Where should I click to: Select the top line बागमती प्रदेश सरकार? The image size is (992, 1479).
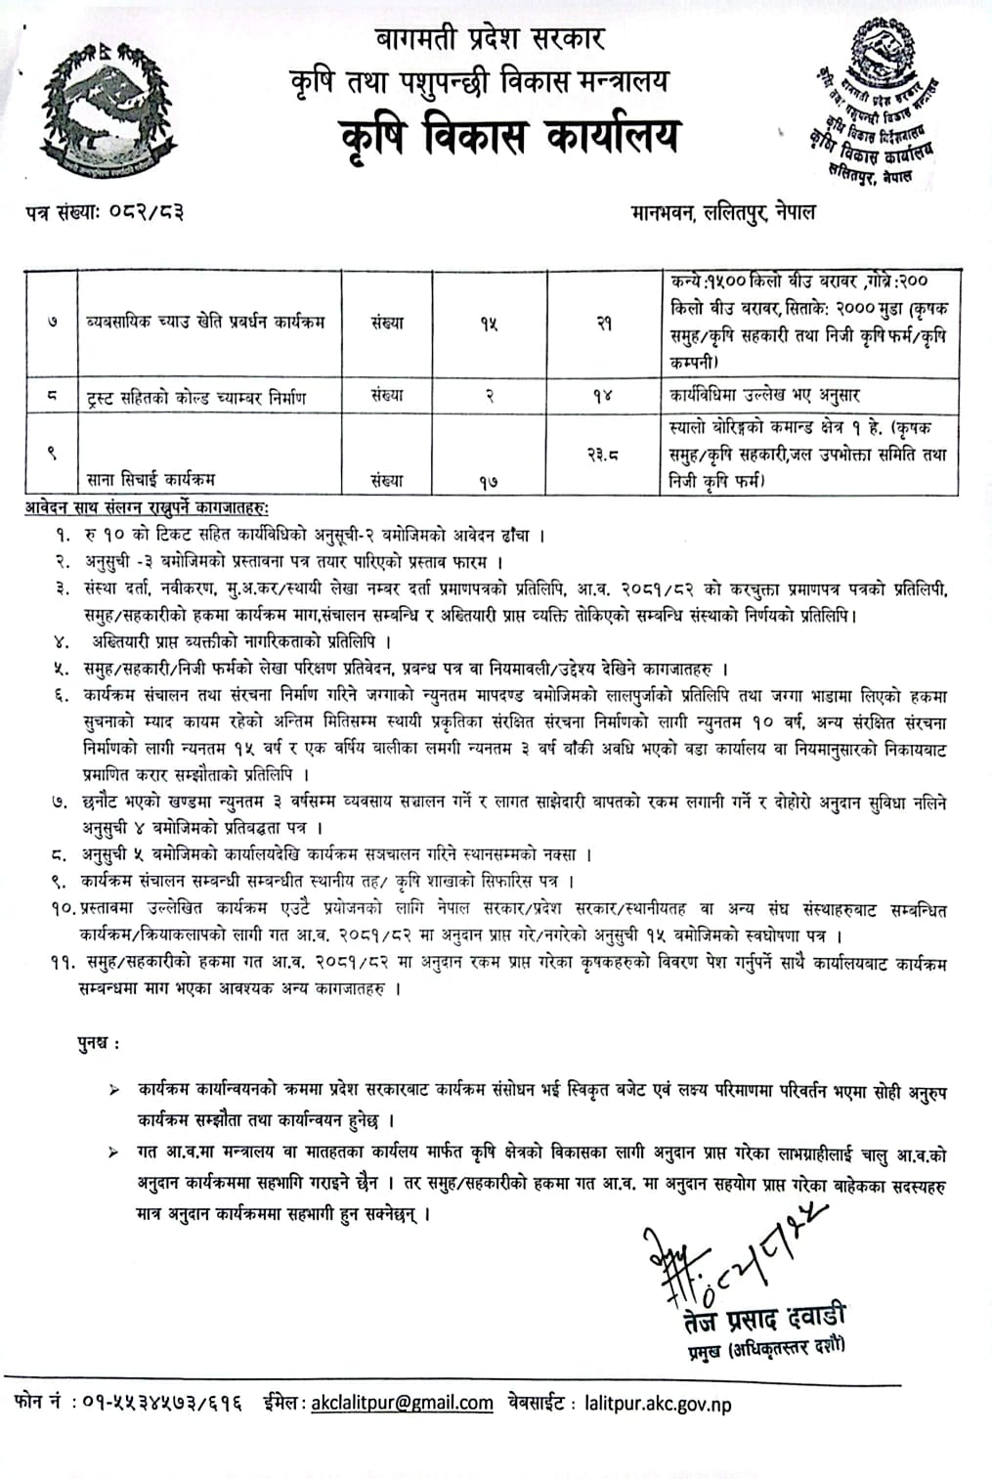pyautogui.click(x=490, y=38)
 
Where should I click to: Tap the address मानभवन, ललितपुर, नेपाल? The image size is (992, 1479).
pyautogui.click(x=723, y=211)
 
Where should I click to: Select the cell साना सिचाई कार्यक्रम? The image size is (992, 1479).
pyautogui.click(x=150, y=479)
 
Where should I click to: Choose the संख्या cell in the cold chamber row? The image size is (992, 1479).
pyautogui.click(x=387, y=396)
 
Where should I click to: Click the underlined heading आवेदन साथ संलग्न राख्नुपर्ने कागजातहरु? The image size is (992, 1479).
pyautogui.click(x=148, y=508)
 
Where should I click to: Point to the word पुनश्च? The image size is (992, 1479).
pyautogui.click(x=100, y=1043)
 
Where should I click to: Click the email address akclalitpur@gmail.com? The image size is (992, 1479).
pyautogui.click(x=402, y=1404)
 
